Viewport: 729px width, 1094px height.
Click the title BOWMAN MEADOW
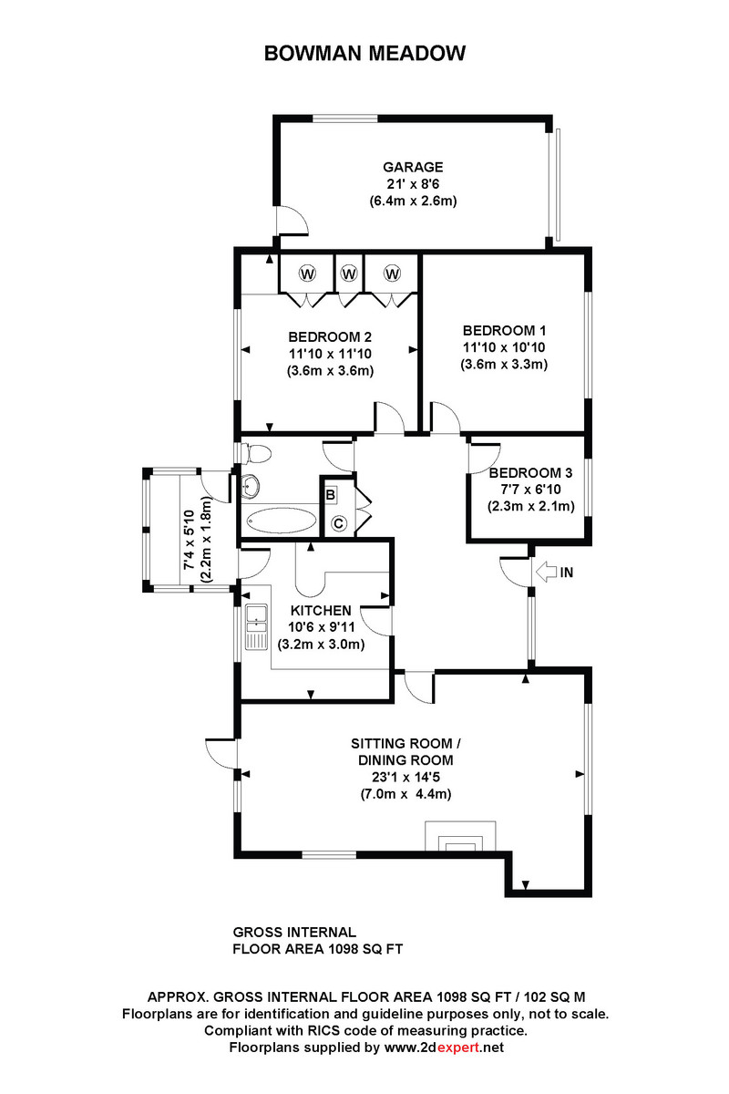coord(364,53)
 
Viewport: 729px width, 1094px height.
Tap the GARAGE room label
coord(413,167)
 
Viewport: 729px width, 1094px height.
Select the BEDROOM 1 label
coord(504,331)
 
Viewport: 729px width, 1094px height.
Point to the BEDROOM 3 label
coord(530,473)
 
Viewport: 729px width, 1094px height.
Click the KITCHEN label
coord(321,611)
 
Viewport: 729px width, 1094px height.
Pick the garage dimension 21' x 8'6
coord(413,184)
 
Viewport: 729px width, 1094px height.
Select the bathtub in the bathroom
coord(281,521)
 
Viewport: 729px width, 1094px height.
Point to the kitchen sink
coord(256,626)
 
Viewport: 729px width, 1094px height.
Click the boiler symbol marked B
coord(331,494)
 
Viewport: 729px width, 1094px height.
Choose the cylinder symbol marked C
coord(338,524)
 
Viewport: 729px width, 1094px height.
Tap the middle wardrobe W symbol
coord(349,273)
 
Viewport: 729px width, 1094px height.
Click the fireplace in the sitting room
coord(460,836)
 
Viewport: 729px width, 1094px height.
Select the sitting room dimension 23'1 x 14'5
coord(406,777)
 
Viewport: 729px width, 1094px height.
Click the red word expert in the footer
coord(458,1048)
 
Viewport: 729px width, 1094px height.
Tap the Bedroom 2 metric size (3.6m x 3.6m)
coord(330,371)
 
